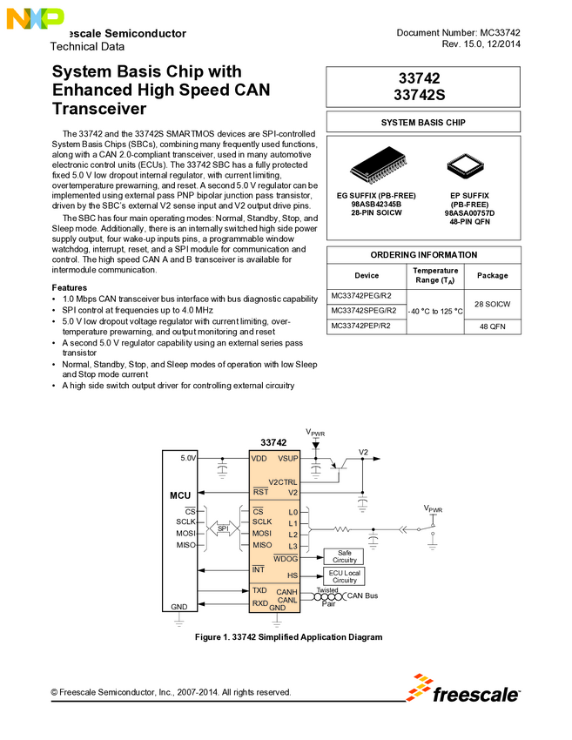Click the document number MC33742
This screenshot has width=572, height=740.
click(458, 32)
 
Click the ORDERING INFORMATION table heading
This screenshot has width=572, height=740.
click(423, 255)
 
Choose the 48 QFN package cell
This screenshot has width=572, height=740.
click(493, 326)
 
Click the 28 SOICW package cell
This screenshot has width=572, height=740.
click(493, 304)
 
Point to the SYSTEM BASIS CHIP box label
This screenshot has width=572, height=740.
click(423, 123)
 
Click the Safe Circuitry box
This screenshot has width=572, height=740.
click(344, 556)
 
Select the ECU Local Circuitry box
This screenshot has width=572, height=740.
click(344, 576)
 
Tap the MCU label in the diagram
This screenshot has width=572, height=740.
click(179, 495)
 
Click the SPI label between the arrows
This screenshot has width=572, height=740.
click(223, 528)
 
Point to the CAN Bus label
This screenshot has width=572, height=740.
click(362, 595)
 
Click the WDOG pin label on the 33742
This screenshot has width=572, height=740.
click(286, 558)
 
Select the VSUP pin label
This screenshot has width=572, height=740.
click(287, 458)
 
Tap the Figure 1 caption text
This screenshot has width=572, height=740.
click(289, 637)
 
